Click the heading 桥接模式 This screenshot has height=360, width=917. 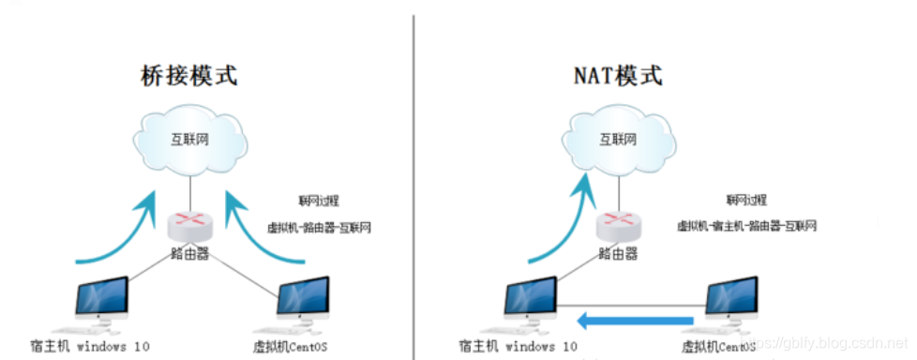pos(191,75)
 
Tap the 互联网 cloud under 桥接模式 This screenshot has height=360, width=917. pos(191,142)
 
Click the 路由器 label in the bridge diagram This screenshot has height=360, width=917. pos(191,253)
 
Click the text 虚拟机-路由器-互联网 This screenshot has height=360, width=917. pos(320,227)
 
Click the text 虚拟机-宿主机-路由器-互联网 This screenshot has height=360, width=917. pos(746,226)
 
